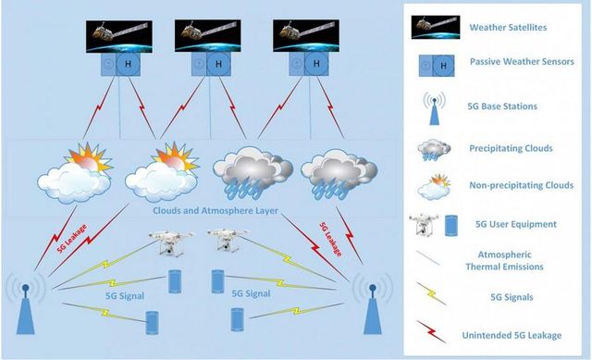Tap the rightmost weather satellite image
(306, 36)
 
